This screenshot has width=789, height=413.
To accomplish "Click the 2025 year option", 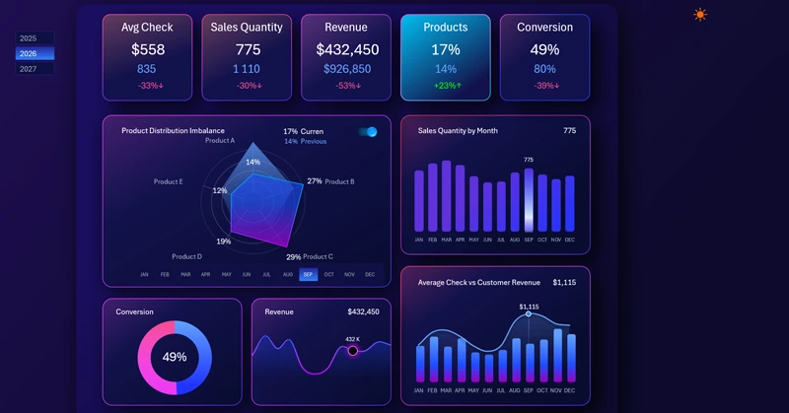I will pyautogui.click(x=29, y=38).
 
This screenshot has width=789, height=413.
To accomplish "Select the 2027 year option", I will pyautogui.click(x=29, y=69).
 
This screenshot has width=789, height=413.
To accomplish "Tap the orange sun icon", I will pyautogui.click(x=700, y=15).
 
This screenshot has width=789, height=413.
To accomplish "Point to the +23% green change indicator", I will pyautogui.click(x=445, y=86).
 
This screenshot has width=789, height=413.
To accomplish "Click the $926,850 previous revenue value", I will pyautogui.click(x=347, y=69).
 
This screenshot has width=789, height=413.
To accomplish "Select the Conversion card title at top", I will pyautogui.click(x=544, y=28).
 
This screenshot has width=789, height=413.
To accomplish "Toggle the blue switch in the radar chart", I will pyautogui.click(x=368, y=132).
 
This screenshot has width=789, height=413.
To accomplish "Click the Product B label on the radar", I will pyautogui.click(x=339, y=181).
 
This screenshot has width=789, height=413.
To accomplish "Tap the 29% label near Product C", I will pyautogui.click(x=293, y=257).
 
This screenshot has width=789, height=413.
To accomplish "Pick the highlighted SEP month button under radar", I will pyautogui.click(x=309, y=275).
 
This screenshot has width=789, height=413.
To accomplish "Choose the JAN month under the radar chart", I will pyautogui.click(x=144, y=275).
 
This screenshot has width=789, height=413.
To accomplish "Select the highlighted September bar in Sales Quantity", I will pyautogui.click(x=529, y=200).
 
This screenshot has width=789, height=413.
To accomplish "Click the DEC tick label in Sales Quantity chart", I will pyautogui.click(x=569, y=240).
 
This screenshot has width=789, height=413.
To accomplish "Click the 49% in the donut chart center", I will pyautogui.click(x=175, y=357).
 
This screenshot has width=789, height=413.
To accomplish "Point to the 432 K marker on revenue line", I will pyautogui.click(x=352, y=350).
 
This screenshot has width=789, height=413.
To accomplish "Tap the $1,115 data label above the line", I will pyautogui.click(x=529, y=307).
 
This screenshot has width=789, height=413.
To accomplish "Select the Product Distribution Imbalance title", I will pyautogui.click(x=173, y=130).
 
